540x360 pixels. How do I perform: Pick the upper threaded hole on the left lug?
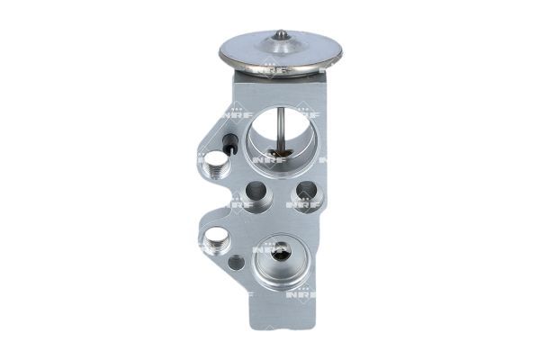click(216, 164)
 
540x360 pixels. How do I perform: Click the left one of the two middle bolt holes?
click(256, 192)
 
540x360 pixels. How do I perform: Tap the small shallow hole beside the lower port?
click(236, 263)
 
